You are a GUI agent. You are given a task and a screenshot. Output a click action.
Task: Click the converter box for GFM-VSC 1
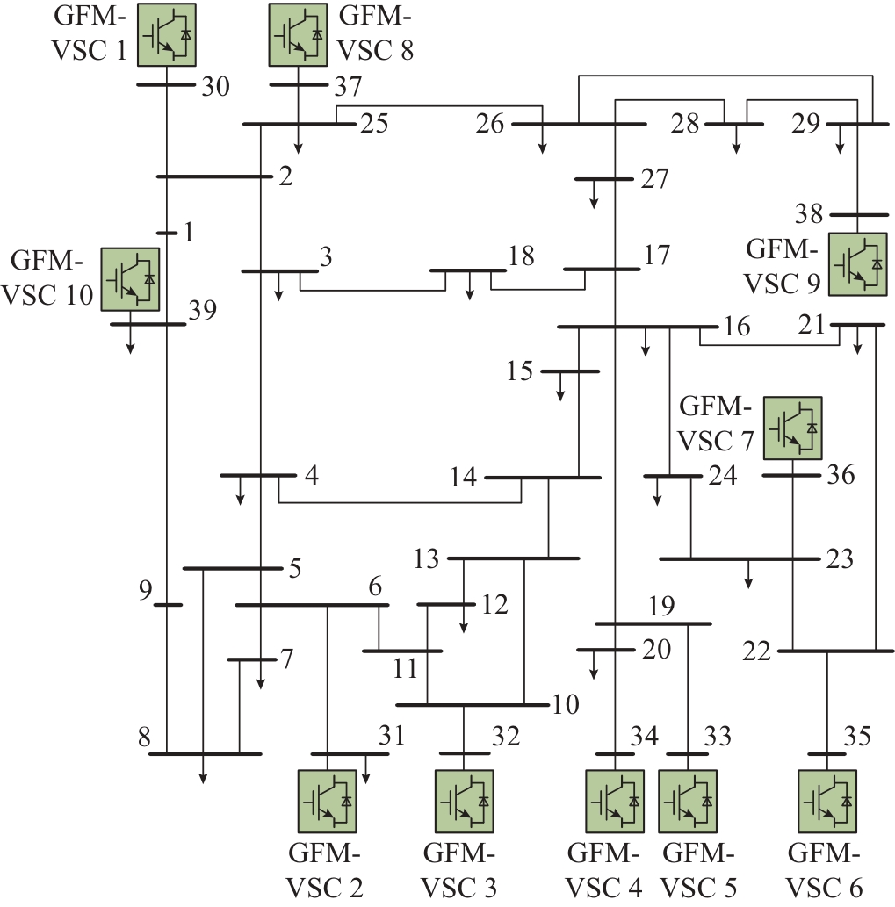pyautogui.click(x=166, y=33)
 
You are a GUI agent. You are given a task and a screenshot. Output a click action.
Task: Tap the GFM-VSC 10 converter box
pyautogui.click(x=130, y=278)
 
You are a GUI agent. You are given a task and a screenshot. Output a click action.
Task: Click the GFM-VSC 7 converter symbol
pyautogui.click(x=792, y=428)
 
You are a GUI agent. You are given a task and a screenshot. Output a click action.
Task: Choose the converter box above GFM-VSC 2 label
pyautogui.click(x=327, y=800)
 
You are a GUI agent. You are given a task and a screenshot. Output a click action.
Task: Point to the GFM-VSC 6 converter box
pyautogui.click(x=826, y=800)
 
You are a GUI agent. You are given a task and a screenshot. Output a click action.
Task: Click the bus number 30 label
pyautogui.click(x=215, y=87)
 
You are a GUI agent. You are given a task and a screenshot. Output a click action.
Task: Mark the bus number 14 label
pyautogui.click(x=463, y=478)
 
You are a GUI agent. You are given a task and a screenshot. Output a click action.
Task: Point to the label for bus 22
pyautogui.click(x=756, y=652)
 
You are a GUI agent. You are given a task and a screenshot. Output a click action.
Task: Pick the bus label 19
pyautogui.click(x=664, y=605)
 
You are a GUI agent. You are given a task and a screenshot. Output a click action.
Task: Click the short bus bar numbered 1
pyautogui.click(x=167, y=233)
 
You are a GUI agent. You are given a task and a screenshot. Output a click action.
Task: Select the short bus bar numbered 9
pyautogui.click(x=168, y=605)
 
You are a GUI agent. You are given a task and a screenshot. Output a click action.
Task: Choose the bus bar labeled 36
pyautogui.click(x=790, y=475)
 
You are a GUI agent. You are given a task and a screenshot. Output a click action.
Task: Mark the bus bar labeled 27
pyautogui.click(x=603, y=179)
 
